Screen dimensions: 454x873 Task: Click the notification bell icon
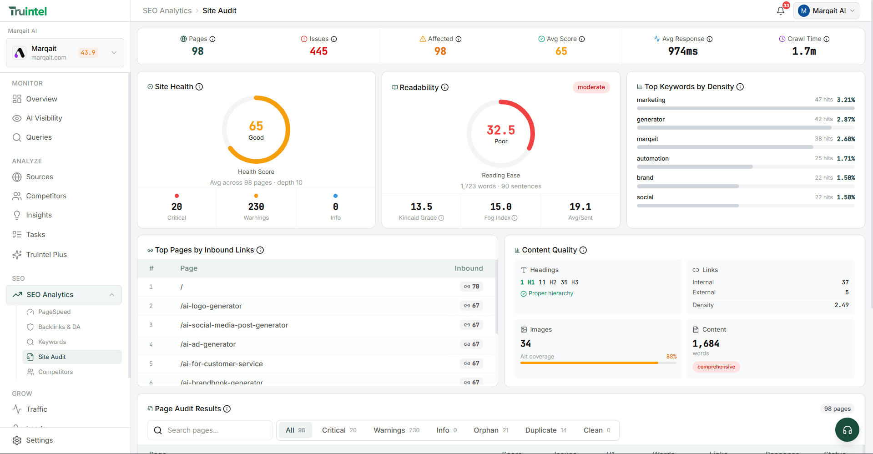(x=781, y=11)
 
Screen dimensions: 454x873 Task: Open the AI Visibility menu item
(x=44, y=118)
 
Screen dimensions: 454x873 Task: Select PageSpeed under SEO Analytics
(x=54, y=312)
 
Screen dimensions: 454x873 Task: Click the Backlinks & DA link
(x=59, y=327)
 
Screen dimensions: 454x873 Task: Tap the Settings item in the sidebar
(x=39, y=440)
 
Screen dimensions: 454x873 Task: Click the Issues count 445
(x=318, y=51)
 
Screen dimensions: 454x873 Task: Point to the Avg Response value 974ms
(x=682, y=51)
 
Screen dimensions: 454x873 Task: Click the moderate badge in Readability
(x=591, y=87)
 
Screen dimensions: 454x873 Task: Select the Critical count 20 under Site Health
(x=177, y=207)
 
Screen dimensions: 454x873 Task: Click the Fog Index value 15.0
(x=500, y=207)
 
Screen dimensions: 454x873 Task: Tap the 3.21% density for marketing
(x=846, y=100)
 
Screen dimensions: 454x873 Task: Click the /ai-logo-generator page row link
(x=211, y=306)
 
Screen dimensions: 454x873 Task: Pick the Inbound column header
(x=469, y=268)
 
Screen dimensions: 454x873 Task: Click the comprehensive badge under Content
(x=716, y=367)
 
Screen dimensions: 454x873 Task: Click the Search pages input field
(x=214, y=430)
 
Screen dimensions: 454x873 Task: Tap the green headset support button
(x=847, y=430)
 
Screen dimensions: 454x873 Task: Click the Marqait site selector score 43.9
(x=88, y=53)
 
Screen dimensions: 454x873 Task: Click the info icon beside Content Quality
(x=583, y=250)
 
